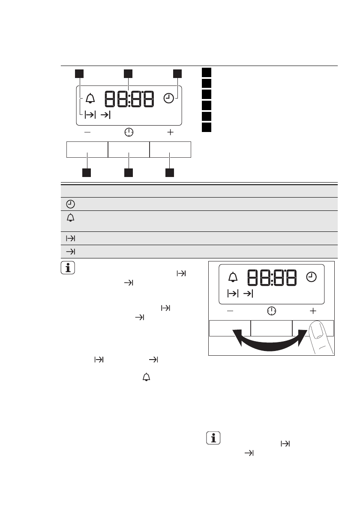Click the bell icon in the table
coord(71,218)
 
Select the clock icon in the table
coord(71,204)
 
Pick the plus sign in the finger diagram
coord(313,311)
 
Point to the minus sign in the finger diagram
coord(230,311)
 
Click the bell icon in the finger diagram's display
coord(233,277)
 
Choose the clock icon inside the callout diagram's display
coord(168,98)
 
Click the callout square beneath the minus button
coord(87,173)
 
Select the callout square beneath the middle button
coord(129,173)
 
